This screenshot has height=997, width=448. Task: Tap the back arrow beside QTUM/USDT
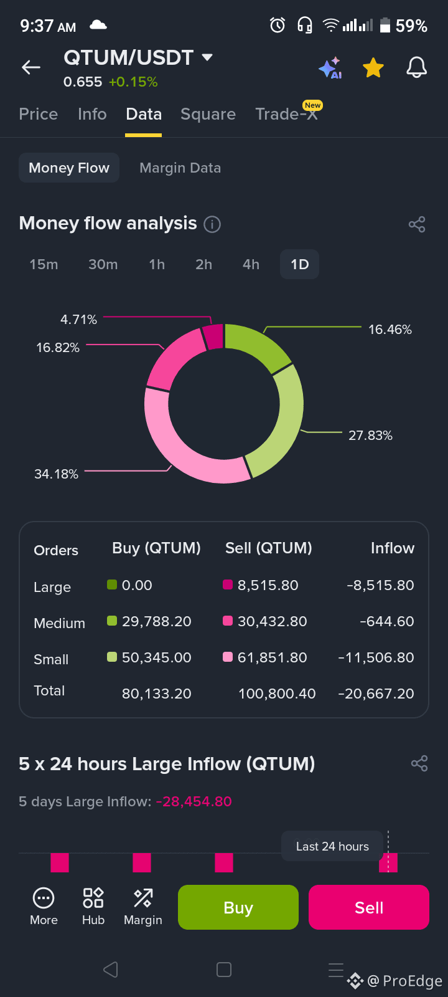[31, 67]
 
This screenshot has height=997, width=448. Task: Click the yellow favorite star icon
[373, 68]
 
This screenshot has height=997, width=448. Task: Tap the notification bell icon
[416, 68]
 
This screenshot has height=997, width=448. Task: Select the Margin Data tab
[180, 168]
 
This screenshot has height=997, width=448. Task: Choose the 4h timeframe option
[251, 264]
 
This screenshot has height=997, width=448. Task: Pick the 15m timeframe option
[44, 264]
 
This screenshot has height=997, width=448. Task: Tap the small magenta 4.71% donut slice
[213, 336]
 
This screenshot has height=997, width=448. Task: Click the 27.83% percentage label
[370, 436]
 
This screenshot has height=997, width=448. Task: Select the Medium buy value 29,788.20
[156, 621]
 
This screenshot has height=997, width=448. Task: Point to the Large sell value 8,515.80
[268, 585]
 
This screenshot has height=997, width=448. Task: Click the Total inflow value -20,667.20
[376, 694]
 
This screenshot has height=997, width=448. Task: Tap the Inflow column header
[393, 548]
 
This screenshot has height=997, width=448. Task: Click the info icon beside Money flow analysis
[212, 224]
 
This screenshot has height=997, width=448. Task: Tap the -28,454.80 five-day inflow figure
[194, 801]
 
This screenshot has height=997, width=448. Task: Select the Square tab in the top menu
[208, 115]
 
